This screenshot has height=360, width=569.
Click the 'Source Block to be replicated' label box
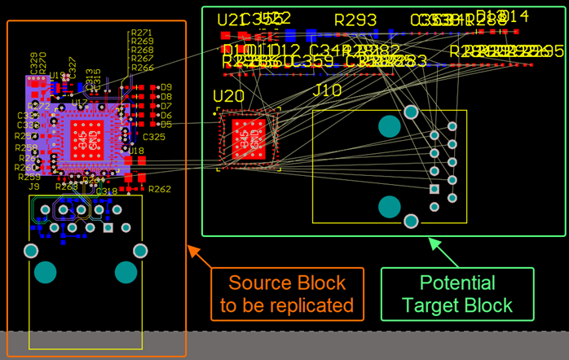291,295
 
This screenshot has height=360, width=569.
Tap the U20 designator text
229,97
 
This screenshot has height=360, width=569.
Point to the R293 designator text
355,20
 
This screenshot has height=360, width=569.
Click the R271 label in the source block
142,33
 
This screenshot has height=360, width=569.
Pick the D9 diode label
166,86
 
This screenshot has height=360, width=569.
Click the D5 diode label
166,125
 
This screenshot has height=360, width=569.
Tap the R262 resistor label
160,189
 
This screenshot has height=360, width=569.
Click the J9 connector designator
34,187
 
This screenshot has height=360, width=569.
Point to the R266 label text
142,68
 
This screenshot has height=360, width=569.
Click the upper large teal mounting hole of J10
389,126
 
